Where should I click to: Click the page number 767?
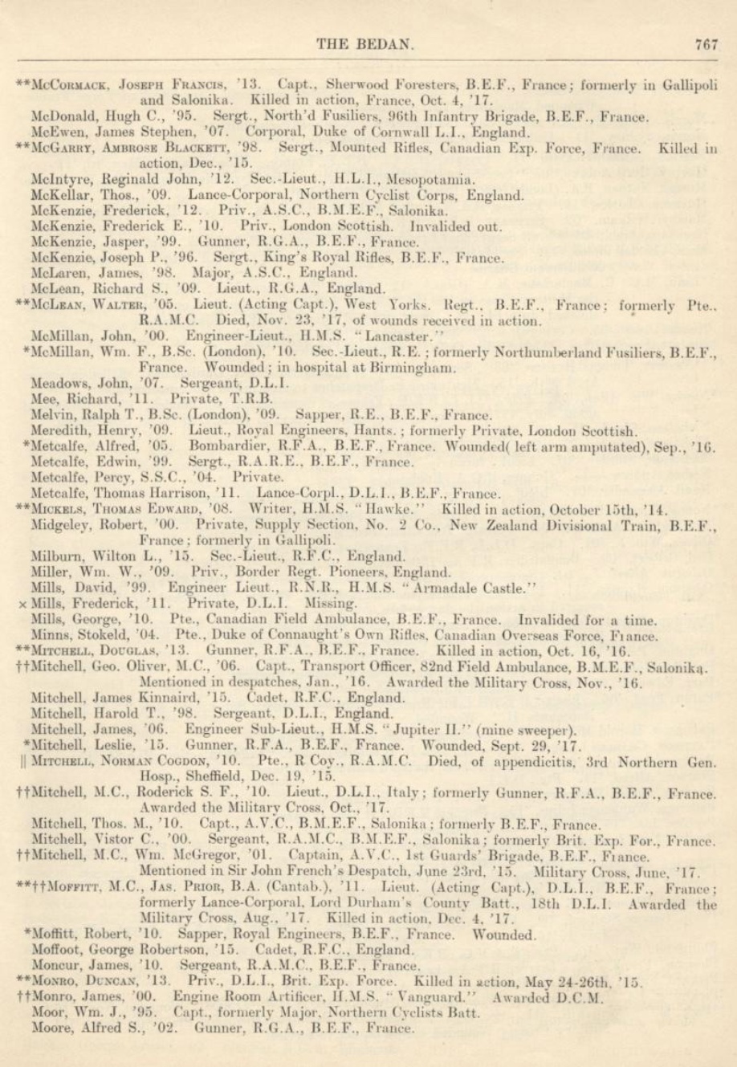(x=706, y=45)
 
